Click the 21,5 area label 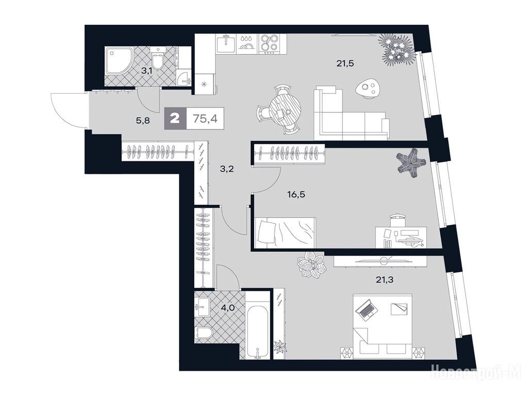click(345, 63)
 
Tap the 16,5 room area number click(296, 194)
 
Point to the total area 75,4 click(205, 119)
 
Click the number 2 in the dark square click(175, 119)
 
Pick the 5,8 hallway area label click(143, 121)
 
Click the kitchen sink click(226, 44)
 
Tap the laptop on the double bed click(366, 309)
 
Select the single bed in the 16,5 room click(286, 233)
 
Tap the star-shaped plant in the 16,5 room click(411, 164)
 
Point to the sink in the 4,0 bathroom click(202, 307)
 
